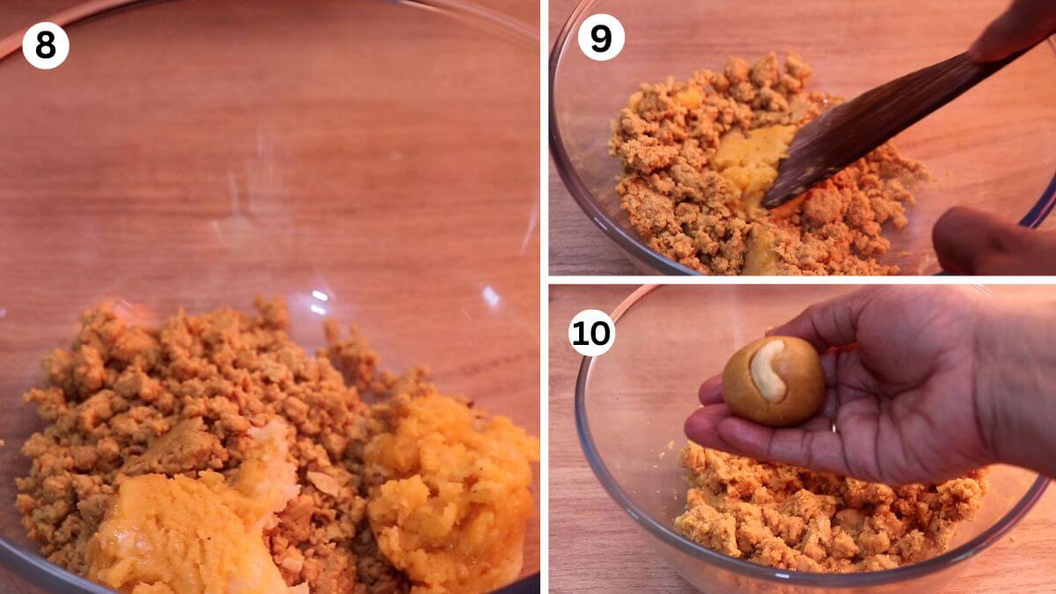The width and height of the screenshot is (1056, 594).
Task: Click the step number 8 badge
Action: coord(46,46)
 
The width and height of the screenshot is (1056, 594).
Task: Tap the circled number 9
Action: coord(601,37)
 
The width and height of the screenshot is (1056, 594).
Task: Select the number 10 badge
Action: coord(591,333)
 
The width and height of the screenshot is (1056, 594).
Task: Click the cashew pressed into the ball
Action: coord(768,371)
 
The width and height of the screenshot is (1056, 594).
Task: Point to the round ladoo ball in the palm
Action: coord(774,381)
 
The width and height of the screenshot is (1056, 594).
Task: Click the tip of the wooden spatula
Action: coord(765,206)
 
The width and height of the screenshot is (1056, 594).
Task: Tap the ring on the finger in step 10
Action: coord(834,428)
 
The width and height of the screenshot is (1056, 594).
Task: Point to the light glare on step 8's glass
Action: coord(319,302)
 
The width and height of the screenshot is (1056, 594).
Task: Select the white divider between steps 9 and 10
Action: coord(803,280)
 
